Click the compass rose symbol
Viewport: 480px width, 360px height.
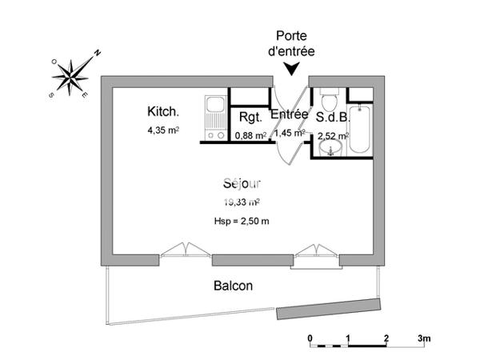coord(70,77)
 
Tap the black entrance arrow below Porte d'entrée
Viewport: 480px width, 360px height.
coord(291,69)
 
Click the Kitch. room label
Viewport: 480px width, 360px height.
coord(163,111)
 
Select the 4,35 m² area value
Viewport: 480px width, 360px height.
coord(163,130)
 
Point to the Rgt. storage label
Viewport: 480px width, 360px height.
coord(250,118)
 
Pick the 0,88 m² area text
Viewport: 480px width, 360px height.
coord(250,135)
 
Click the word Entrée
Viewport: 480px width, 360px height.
coord(290,114)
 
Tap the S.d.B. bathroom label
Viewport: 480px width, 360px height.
coord(333,117)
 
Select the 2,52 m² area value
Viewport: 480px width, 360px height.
coord(334,136)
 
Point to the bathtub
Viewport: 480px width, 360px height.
coord(359,129)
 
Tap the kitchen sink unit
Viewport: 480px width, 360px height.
coord(215,118)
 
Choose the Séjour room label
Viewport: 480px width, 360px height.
coord(242,183)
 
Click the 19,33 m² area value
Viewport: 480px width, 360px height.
coord(242,202)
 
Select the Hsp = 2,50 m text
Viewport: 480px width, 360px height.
coord(242,221)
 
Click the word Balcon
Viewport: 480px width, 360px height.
coord(234,286)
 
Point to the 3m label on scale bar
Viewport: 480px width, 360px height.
coord(424,338)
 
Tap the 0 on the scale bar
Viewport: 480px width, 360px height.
coord(310,338)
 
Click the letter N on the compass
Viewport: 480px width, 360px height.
coord(98,53)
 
